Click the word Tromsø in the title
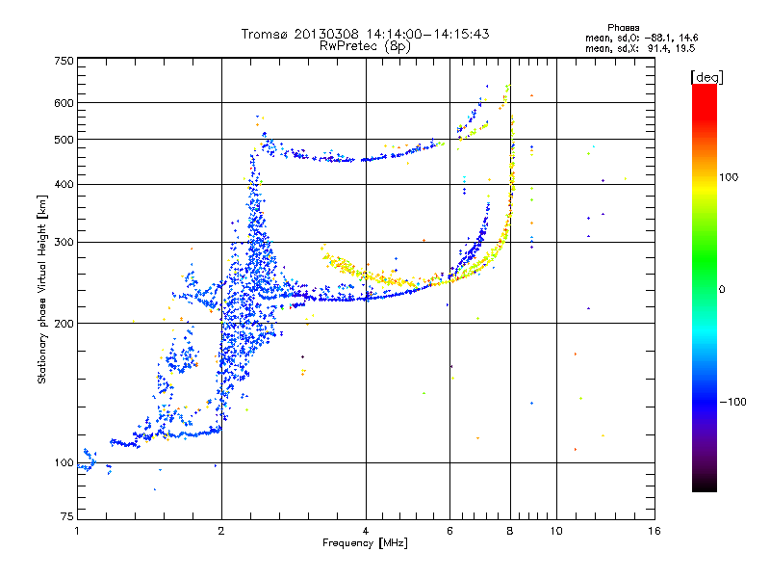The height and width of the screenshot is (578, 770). point(263,34)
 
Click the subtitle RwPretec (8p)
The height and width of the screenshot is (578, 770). point(365,45)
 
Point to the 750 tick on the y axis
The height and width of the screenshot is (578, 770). point(64,61)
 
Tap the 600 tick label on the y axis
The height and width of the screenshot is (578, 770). point(64,103)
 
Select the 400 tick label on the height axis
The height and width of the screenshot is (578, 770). point(64,184)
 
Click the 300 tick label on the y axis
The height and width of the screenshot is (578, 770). point(64,242)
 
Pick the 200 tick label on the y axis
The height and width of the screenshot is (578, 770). point(64,324)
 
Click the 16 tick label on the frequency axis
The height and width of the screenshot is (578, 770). point(654,532)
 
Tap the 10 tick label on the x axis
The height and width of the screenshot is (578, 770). point(555,532)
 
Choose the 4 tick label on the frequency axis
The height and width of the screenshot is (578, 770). point(366,532)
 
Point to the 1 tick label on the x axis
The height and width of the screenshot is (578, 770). point(77,532)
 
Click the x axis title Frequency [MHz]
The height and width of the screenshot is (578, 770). point(366,544)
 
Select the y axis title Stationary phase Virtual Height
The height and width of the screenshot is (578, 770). point(42,289)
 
